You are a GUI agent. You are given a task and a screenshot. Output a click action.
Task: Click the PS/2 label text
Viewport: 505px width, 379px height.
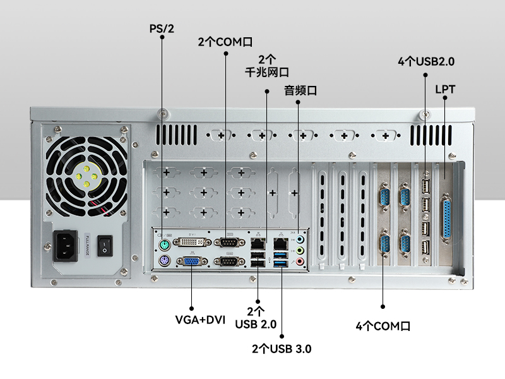pyautogui.click(x=162, y=28)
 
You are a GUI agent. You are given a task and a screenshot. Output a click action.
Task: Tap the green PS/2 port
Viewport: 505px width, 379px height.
pyautogui.click(x=164, y=245)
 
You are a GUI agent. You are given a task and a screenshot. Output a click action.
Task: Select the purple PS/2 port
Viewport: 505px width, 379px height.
pyautogui.click(x=164, y=260)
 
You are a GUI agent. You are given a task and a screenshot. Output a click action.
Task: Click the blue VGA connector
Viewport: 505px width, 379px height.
pyautogui.click(x=192, y=262)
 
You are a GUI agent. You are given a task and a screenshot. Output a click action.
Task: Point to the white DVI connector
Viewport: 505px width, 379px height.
pyautogui.click(x=192, y=242)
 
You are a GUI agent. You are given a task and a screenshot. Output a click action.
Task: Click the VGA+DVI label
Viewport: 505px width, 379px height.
pyautogui.click(x=200, y=320)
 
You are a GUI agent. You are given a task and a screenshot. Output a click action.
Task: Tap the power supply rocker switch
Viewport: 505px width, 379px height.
pyautogui.click(x=105, y=246)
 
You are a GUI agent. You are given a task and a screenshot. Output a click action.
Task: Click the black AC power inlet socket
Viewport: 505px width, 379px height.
pyautogui.click(x=66, y=246)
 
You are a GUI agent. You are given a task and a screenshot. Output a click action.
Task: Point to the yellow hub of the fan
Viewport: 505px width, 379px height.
pyautogui.click(x=86, y=176)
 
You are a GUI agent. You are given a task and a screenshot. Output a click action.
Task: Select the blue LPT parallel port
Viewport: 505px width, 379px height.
pyautogui.click(x=446, y=219)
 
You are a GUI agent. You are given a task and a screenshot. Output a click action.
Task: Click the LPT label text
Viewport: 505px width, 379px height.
pyautogui.click(x=445, y=89)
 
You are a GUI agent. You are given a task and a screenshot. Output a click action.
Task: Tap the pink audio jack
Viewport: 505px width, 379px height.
pyautogui.click(x=300, y=262)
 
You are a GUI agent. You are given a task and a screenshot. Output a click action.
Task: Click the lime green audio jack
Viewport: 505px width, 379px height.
pyautogui.click(x=300, y=250)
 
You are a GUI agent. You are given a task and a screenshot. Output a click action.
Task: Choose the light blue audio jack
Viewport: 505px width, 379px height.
pyautogui.click(x=300, y=239)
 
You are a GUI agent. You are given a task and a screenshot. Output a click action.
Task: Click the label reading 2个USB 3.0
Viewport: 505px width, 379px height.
pyautogui.click(x=282, y=349)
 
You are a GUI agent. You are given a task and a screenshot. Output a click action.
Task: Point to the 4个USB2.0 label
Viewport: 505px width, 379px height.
pyautogui.click(x=426, y=61)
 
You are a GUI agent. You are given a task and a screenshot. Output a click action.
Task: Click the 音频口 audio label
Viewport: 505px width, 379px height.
pyautogui.click(x=300, y=90)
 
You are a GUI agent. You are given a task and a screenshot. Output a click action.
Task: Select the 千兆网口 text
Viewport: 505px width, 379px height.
pyautogui.click(x=266, y=72)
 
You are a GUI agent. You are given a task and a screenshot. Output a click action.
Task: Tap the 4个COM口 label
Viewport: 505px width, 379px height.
pyautogui.click(x=383, y=326)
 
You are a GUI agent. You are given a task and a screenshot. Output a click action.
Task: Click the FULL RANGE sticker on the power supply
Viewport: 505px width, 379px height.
pyautogui.click(x=87, y=245)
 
